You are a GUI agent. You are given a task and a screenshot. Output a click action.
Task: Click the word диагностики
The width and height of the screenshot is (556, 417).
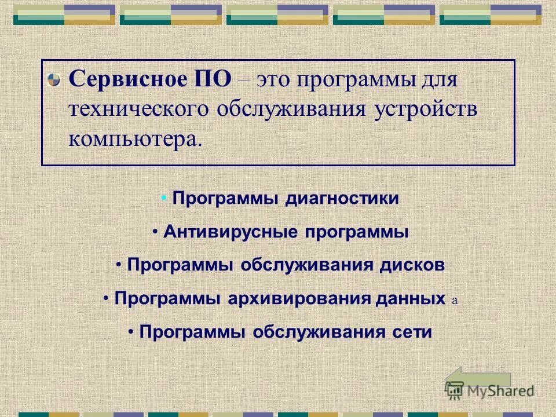342,199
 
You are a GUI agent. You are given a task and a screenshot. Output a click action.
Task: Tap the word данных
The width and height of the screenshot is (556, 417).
411,299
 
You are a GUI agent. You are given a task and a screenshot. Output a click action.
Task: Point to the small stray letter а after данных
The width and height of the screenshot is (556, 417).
454,301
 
